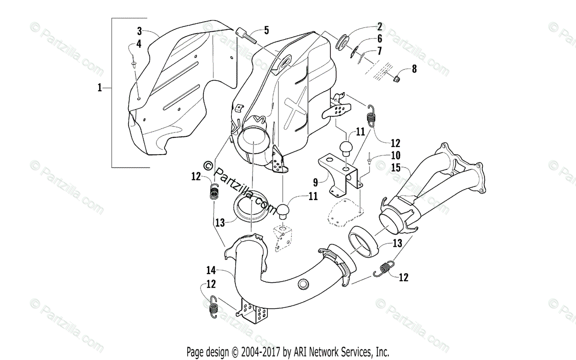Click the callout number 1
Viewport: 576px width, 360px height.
tap(99, 88)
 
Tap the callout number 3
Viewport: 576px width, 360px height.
tap(139, 32)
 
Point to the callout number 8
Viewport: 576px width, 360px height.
tap(413, 69)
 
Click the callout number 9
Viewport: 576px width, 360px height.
tap(315, 182)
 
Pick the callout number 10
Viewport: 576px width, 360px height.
tap(396, 156)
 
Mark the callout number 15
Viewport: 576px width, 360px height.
tap(395, 168)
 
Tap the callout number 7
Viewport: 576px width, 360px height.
tap(379, 50)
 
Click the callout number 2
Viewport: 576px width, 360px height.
tap(379, 26)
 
